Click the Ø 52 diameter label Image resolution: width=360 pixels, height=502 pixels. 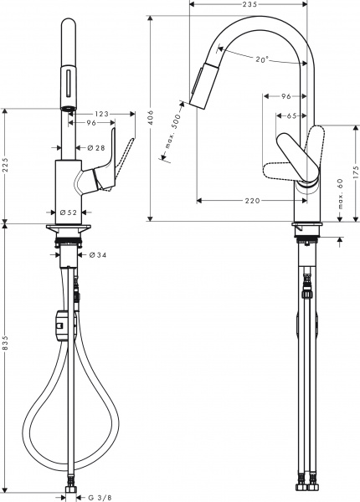69,213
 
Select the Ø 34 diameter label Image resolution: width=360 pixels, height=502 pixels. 97,254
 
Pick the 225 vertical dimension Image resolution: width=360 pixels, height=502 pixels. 6,166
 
